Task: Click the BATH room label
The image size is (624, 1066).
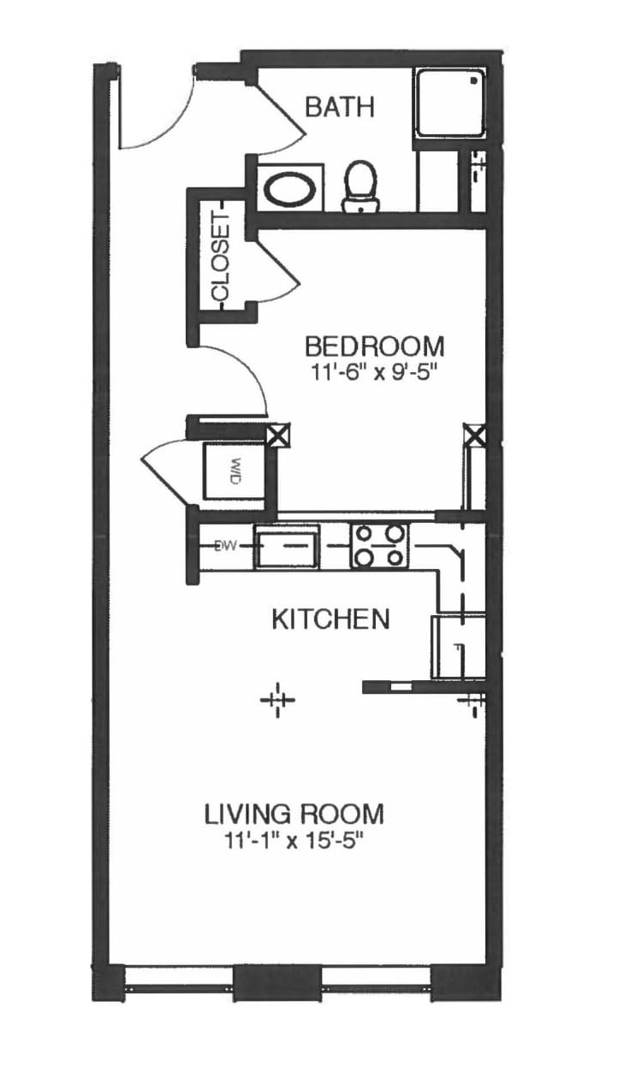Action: click(x=340, y=107)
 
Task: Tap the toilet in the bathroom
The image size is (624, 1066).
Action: click(x=360, y=186)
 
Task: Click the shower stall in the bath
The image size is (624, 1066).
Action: click(x=450, y=104)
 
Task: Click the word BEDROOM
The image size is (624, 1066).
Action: click(x=375, y=346)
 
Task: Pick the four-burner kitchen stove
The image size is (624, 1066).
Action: click(x=378, y=545)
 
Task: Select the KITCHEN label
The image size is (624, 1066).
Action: click(x=330, y=619)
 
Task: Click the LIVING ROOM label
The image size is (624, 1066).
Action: click(x=294, y=813)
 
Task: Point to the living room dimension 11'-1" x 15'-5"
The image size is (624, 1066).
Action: click(x=294, y=839)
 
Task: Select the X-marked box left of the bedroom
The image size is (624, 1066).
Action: click(x=277, y=436)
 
